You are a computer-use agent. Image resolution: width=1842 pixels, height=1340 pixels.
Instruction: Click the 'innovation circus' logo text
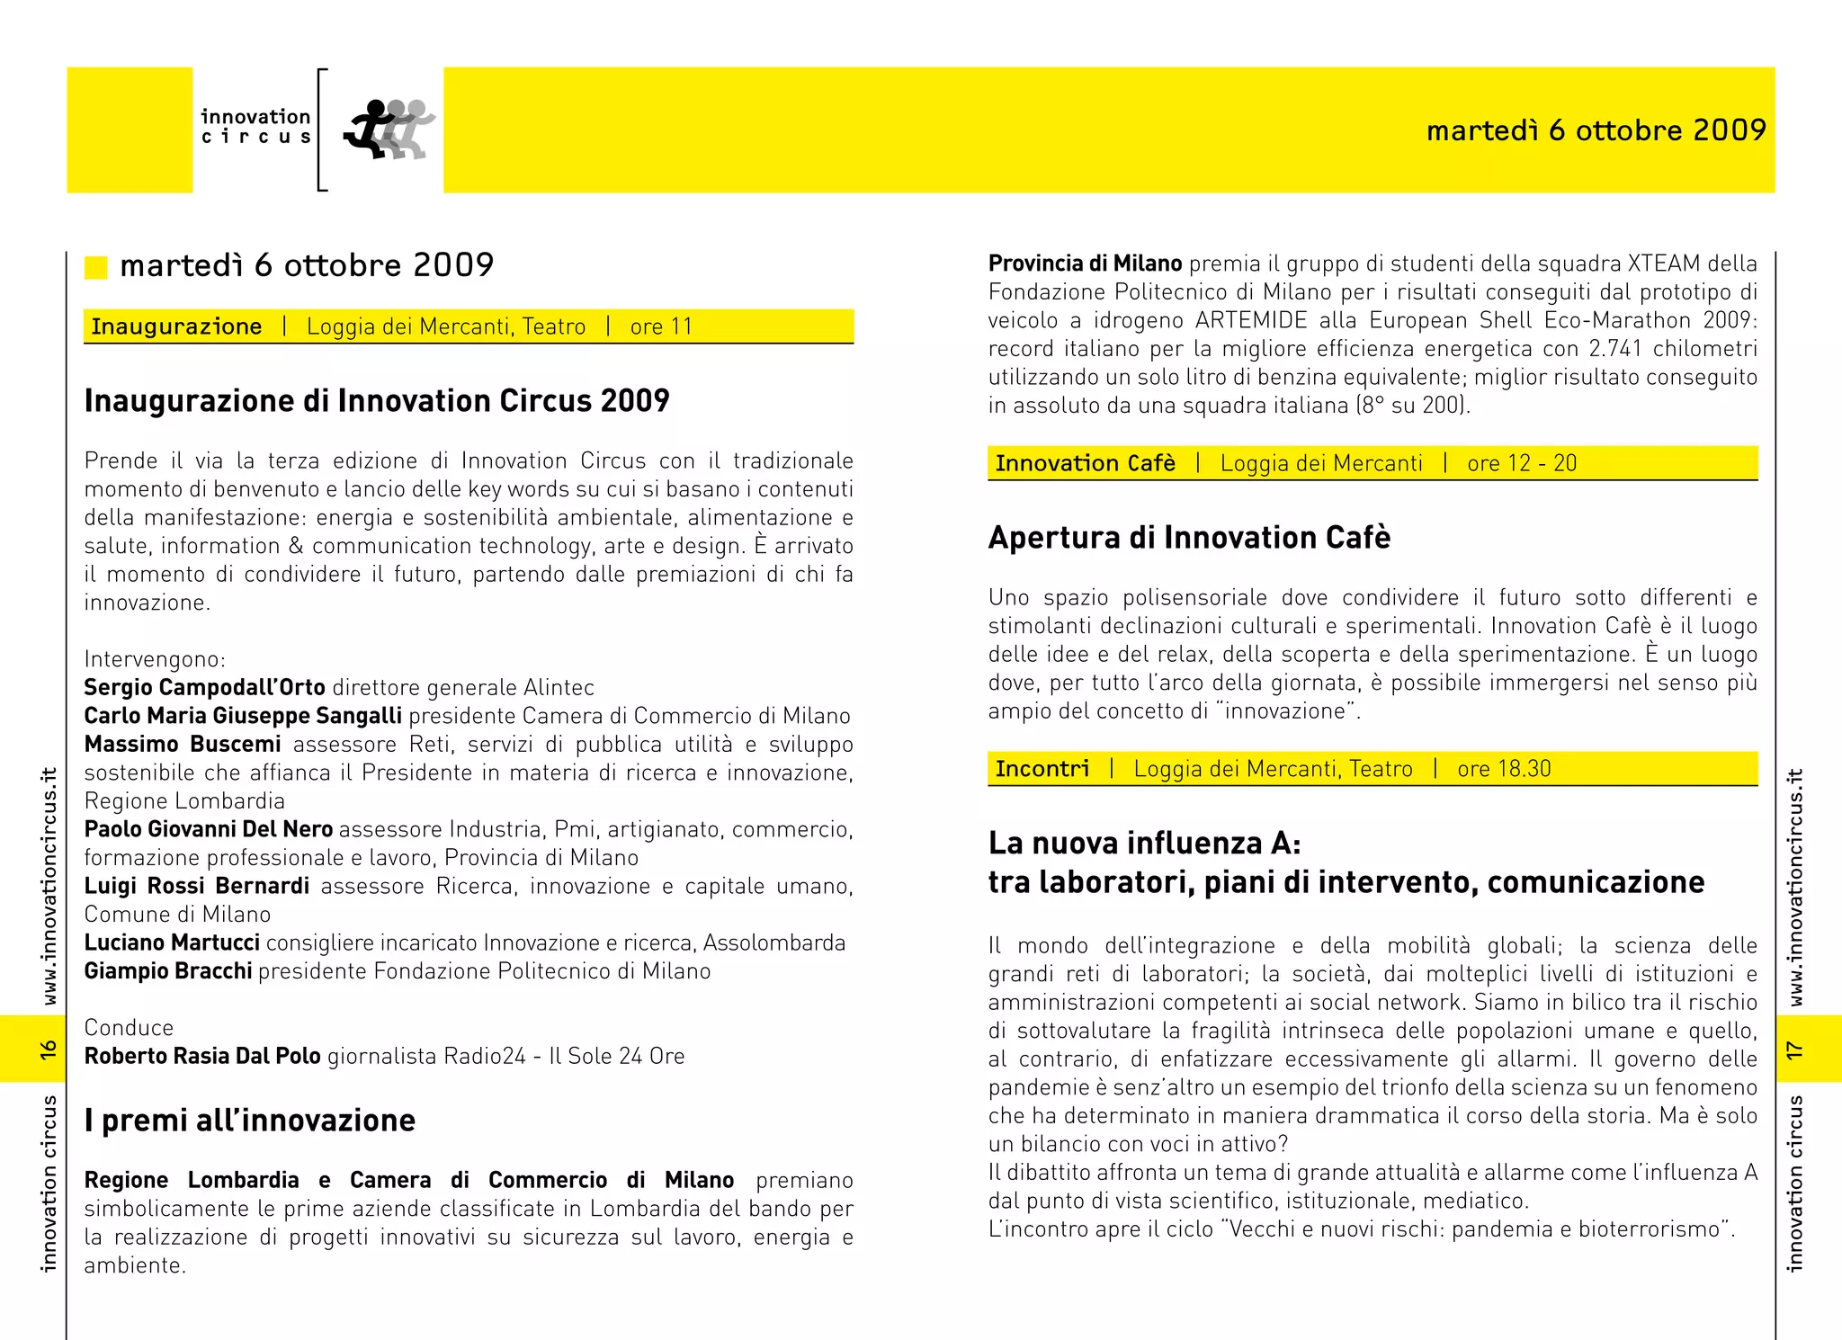click(x=255, y=127)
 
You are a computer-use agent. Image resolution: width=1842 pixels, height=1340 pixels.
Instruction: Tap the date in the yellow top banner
click(x=1596, y=130)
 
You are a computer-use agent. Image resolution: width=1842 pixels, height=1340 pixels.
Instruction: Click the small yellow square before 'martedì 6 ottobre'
click(x=95, y=267)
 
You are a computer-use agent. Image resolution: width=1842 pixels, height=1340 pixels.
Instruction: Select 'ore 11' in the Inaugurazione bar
click(x=661, y=326)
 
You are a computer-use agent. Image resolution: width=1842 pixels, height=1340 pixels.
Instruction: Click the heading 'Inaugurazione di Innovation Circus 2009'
click(x=377, y=401)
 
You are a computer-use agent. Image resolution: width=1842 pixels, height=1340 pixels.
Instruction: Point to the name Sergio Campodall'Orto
click(x=204, y=688)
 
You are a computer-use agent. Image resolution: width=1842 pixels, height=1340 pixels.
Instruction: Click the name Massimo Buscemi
click(x=183, y=745)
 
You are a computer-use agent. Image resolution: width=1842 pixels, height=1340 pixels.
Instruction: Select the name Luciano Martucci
click(x=172, y=942)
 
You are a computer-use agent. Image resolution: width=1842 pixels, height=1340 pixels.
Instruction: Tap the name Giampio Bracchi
click(x=168, y=971)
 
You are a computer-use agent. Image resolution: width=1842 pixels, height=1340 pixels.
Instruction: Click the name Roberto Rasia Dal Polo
click(x=202, y=1056)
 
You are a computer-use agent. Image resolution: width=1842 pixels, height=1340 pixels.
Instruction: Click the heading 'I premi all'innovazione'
click(x=250, y=1121)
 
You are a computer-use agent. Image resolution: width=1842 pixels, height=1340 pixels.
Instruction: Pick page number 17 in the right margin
click(x=1795, y=1050)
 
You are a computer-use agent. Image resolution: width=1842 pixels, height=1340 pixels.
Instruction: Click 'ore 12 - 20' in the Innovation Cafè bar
click(x=1522, y=463)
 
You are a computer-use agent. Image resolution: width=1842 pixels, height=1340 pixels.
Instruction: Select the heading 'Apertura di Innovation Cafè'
click(x=1189, y=538)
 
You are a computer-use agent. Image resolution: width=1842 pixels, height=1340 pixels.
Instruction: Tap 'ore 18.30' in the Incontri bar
click(x=1504, y=769)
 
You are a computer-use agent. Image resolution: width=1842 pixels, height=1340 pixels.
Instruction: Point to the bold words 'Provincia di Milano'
click(x=1085, y=264)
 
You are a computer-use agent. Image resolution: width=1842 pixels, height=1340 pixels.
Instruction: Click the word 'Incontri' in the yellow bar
click(x=1042, y=769)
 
